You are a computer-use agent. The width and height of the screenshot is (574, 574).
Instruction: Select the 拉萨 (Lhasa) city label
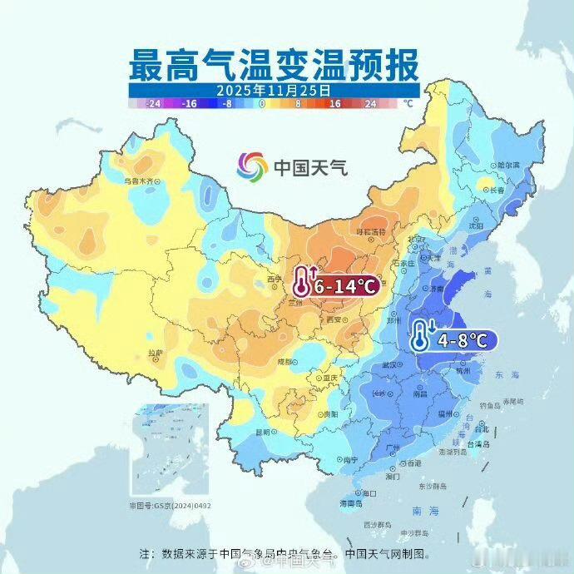click(156, 353)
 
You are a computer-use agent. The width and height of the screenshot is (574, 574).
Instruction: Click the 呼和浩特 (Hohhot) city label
click(371, 231)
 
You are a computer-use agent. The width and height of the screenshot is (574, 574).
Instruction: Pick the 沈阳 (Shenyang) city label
click(475, 225)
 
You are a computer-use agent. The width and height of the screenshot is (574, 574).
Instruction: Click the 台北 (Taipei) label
click(482, 430)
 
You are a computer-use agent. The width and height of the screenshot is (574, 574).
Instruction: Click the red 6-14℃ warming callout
click(336, 285)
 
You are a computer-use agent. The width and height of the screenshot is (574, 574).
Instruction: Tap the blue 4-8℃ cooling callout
click(453, 339)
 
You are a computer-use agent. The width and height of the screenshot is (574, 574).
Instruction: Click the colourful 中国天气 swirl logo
click(251, 166)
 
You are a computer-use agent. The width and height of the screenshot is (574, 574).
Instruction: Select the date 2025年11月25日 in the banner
click(274, 89)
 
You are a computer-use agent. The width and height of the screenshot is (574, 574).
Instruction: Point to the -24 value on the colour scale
click(152, 104)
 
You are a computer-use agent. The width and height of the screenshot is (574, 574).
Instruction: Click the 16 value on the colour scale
click(334, 104)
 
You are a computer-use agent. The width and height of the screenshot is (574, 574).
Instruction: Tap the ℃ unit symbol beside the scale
click(408, 104)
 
